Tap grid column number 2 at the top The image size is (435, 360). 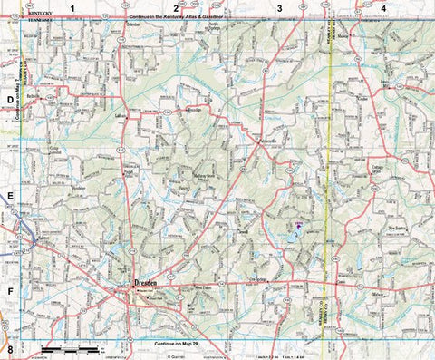click(175, 8)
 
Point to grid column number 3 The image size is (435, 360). click(279, 8)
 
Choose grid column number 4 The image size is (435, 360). click(383, 8)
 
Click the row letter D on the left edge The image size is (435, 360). click(10, 101)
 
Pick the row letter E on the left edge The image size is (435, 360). click(10, 195)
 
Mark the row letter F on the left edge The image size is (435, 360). click(10, 291)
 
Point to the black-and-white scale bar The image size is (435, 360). click(70, 349)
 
